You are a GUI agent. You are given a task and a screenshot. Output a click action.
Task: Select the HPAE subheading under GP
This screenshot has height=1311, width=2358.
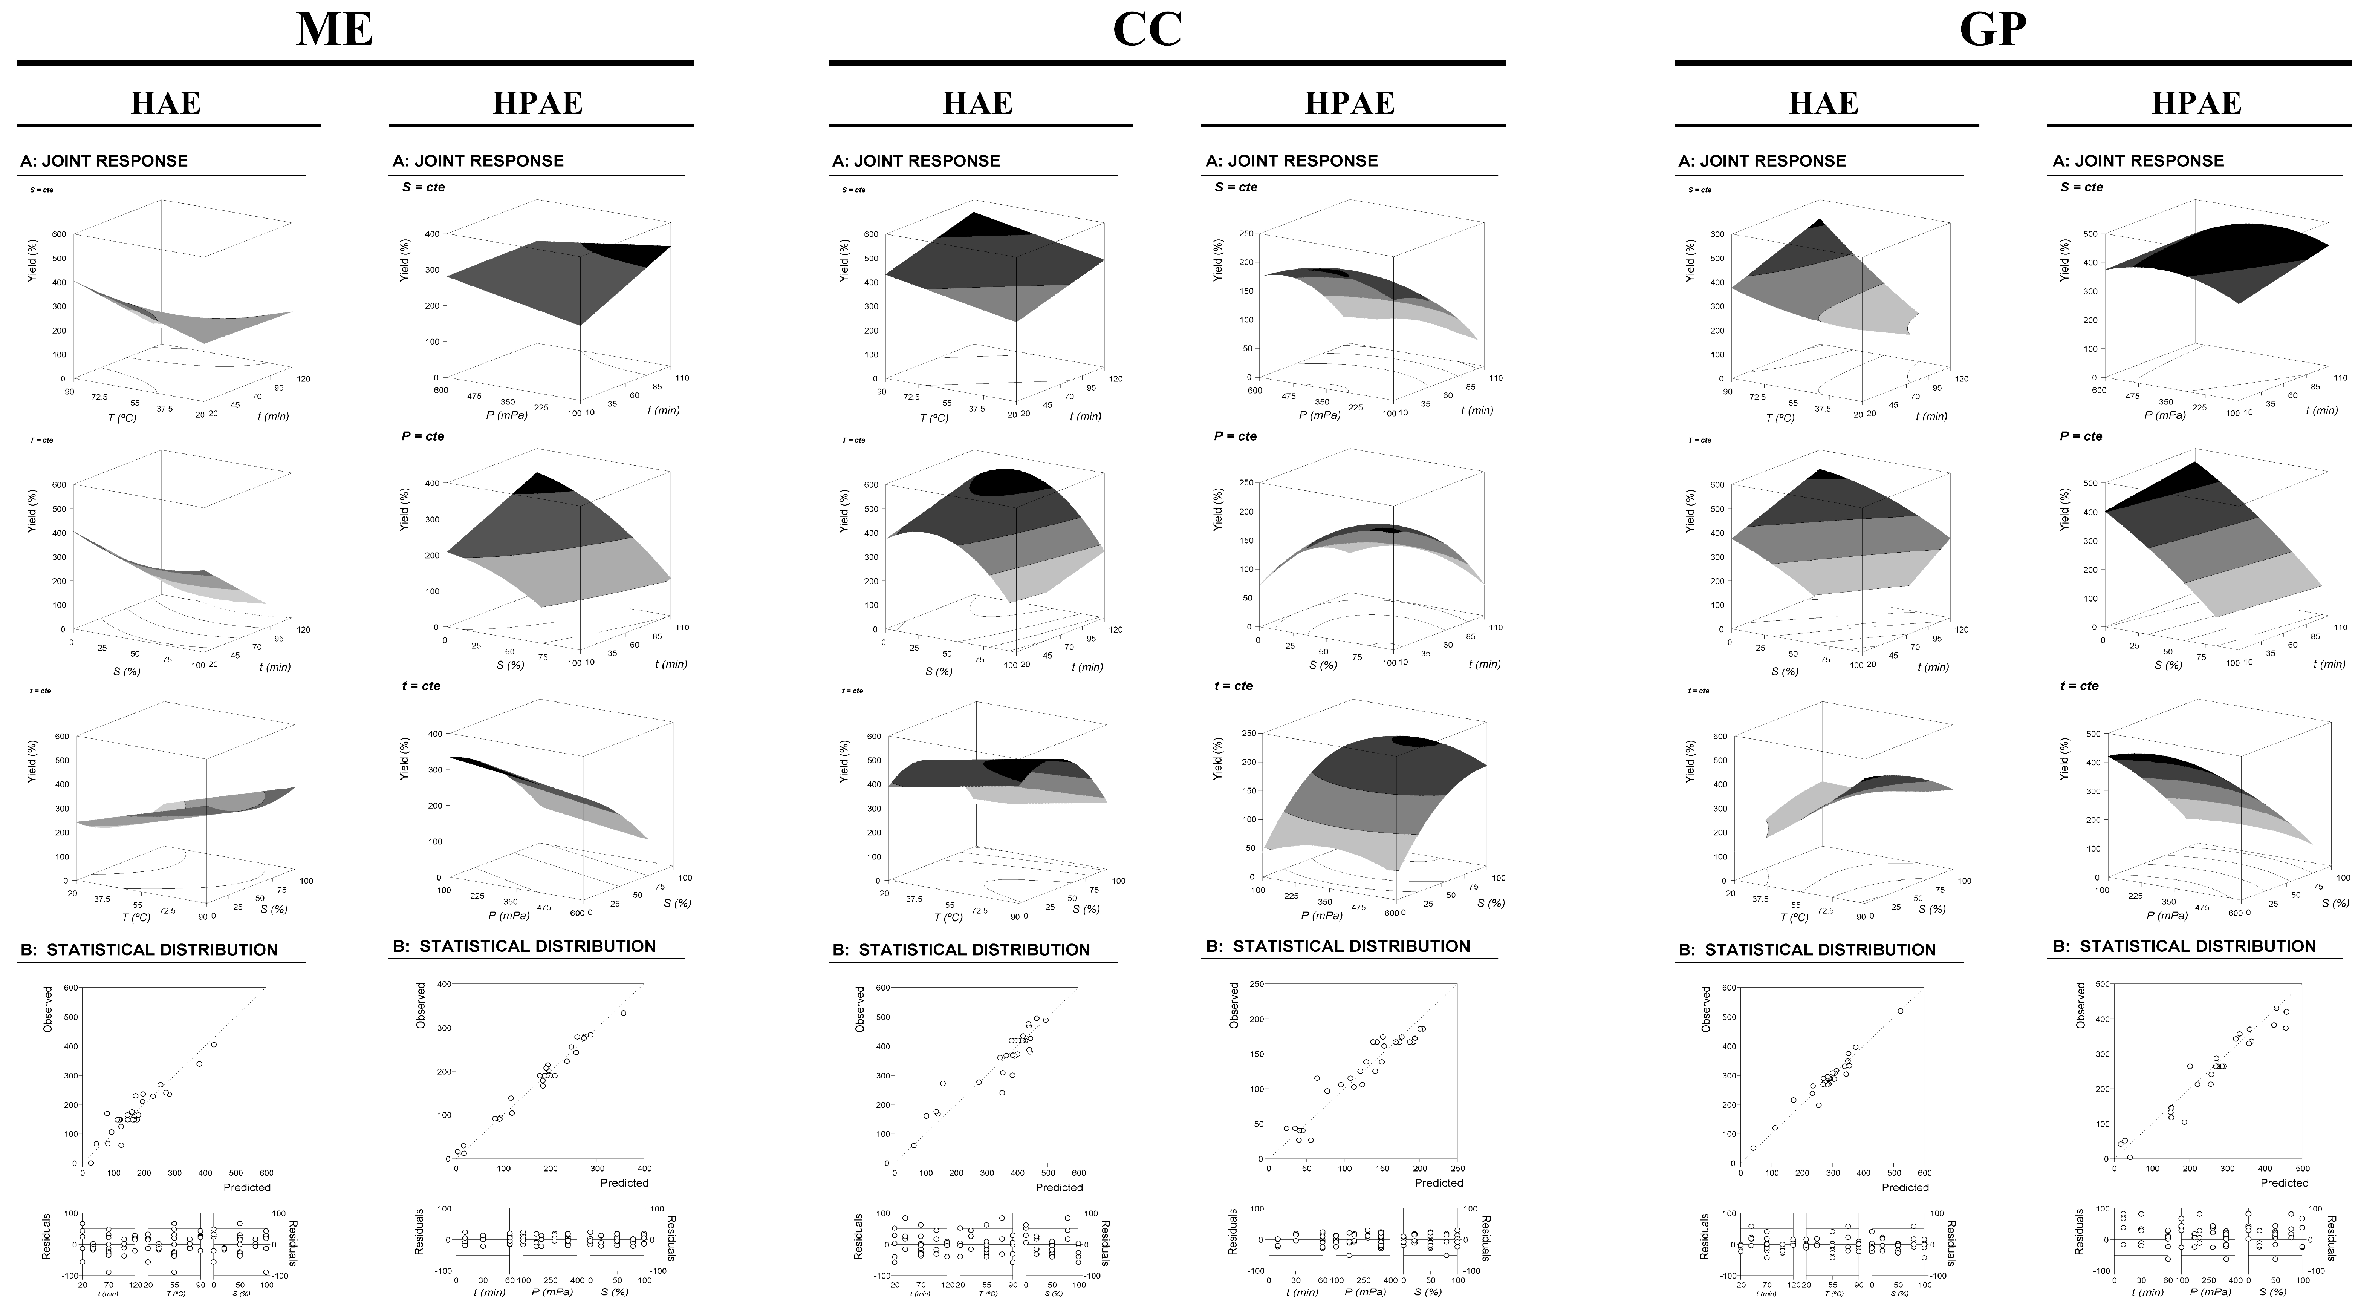click(2196, 103)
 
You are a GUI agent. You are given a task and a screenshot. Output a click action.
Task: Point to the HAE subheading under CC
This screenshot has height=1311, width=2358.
click(978, 103)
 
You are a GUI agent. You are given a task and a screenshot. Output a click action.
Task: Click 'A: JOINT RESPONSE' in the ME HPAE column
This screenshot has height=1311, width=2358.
click(478, 161)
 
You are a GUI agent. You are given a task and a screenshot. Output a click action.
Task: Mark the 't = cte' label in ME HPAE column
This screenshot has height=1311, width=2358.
click(421, 686)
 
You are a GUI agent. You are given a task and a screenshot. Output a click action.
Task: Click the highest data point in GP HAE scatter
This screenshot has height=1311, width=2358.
click(1900, 1011)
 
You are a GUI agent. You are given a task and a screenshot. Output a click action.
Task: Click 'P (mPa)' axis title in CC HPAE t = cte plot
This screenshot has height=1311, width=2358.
click(1322, 914)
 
